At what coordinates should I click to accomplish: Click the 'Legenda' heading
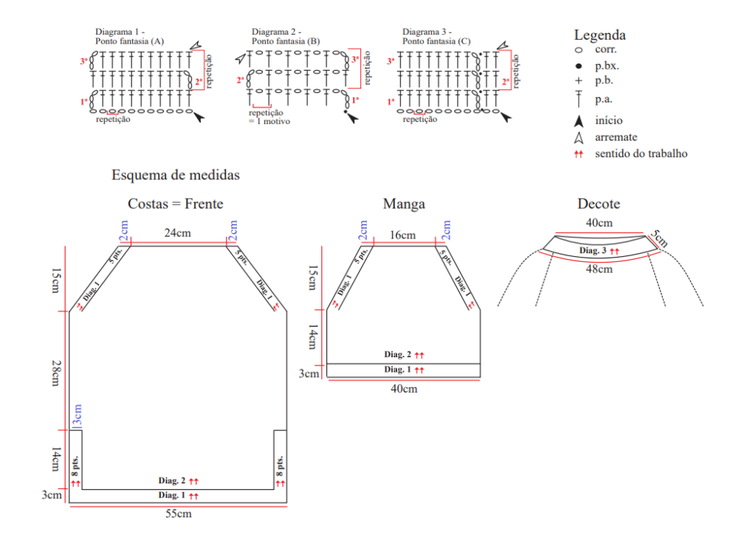tap(599, 35)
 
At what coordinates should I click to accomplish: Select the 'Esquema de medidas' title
tap(176, 175)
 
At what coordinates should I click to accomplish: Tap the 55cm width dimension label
tap(179, 514)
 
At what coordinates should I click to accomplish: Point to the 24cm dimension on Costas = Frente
tap(177, 233)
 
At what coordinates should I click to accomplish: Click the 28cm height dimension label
tap(56, 373)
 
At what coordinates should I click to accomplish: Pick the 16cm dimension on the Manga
tap(402, 235)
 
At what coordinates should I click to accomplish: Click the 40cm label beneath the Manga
tap(404, 389)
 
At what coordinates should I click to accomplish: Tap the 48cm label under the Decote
tap(599, 269)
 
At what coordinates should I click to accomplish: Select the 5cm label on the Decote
tap(659, 238)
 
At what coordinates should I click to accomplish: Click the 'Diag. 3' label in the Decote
tap(593, 250)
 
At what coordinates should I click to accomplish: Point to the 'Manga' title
tap(404, 204)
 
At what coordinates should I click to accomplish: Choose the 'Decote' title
tap(599, 204)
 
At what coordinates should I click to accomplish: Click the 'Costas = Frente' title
tap(176, 204)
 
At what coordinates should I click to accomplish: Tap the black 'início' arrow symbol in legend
tap(579, 121)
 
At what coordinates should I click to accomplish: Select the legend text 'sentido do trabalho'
tap(642, 153)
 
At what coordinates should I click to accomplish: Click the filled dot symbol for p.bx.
tap(579, 66)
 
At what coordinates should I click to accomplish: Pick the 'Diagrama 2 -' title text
tap(276, 32)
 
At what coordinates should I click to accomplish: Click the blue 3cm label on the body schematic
tap(77, 415)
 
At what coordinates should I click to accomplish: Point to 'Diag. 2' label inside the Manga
tap(397, 354)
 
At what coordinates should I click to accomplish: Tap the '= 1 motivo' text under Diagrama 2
tap(269, 122)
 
